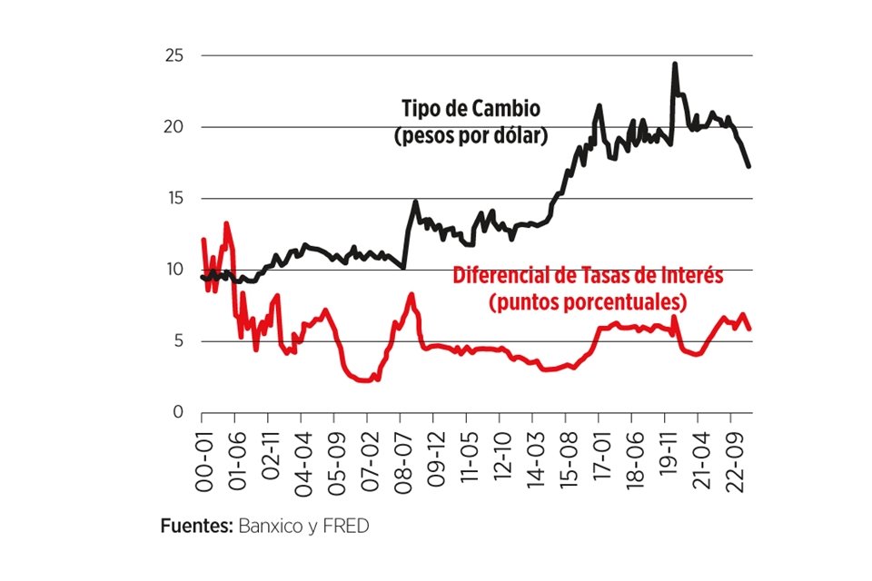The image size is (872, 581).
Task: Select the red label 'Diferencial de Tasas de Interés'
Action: click(x=588, y=276)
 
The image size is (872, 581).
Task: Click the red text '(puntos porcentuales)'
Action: click(x=587, y=301)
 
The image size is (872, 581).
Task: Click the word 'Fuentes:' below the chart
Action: click(x=197, y=526)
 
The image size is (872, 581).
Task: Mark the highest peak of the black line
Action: click(x=675, y=64)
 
